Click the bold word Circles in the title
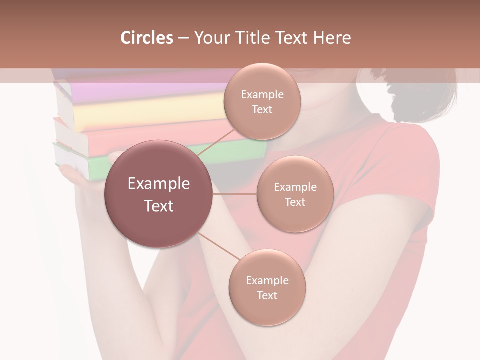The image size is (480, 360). click(146, 38)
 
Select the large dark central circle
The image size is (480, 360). click(159, 194)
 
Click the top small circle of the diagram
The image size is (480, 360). click(262, 101)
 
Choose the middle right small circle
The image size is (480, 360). click(295, 194)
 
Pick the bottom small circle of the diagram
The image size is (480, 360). click(267, 287)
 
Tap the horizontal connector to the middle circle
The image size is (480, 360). click(234, 194)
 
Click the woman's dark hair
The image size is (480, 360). click(425, 97)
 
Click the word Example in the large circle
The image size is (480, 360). click(159, 184)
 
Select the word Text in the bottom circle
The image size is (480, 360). click(267, 295)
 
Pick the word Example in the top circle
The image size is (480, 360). click(262, 94)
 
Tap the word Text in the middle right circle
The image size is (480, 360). click(295, 202)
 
